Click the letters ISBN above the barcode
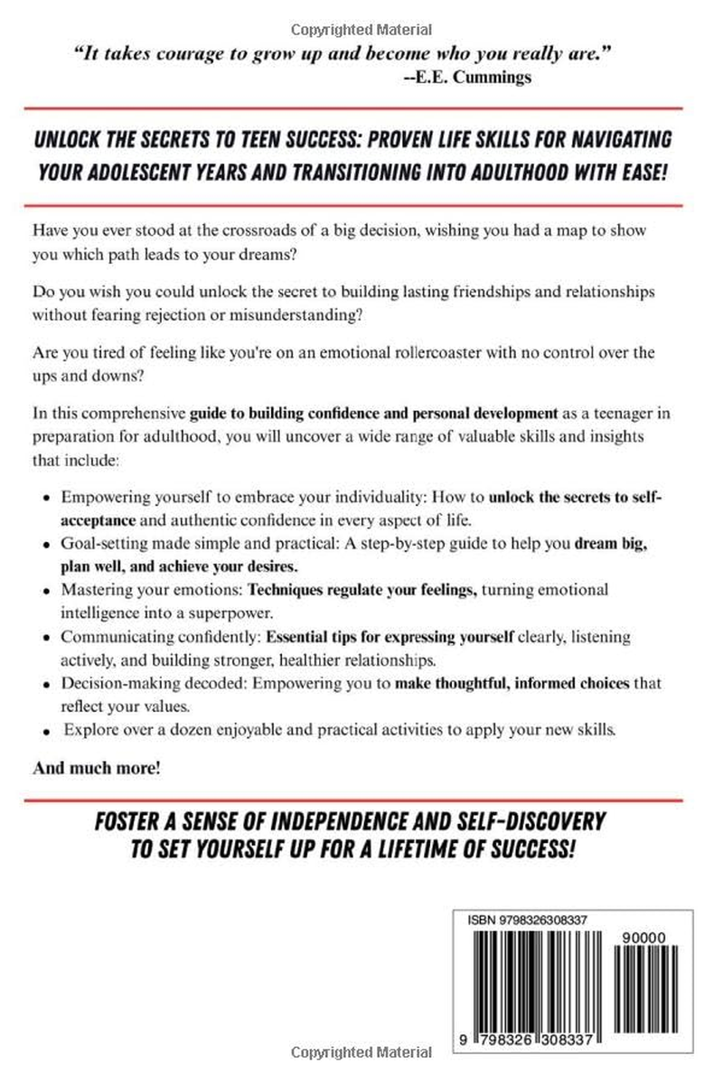[x=482, y=920]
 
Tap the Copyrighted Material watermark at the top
[x=361, y=29]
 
